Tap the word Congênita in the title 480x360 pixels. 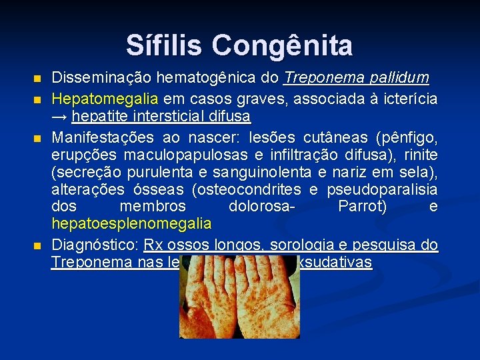pyautogui.click(x=283, y=45)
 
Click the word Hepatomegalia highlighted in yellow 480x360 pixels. pyautogui.click(x=105, y=99)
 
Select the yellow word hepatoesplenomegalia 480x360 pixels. pyautogui.click(x=131, y=223)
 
